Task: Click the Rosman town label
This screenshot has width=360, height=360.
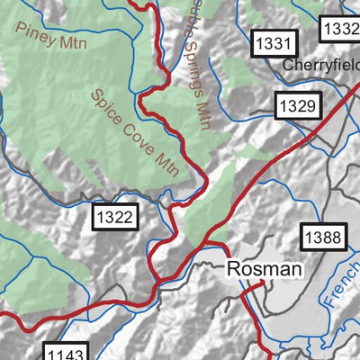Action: coord(265,268)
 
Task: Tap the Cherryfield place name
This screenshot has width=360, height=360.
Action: coord(319,66)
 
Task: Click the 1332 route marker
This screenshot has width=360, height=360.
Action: coord(341,29)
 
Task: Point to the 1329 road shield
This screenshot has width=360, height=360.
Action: coord(296,106)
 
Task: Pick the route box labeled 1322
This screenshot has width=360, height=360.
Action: coord(115,217)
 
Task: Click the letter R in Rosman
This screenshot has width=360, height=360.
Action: coord(234,268)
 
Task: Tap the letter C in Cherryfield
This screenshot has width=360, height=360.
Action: coord(288,66)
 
